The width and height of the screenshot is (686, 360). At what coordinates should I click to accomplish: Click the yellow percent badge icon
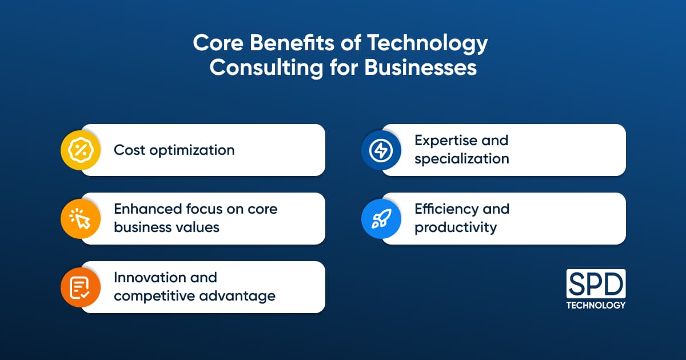pyautogui.click(x=81, y=150)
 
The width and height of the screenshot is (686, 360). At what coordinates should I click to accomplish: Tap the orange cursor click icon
pyautogui.click(x=81, y=218)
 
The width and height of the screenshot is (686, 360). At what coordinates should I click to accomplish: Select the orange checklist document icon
pyautogui.click(x=81, y=287)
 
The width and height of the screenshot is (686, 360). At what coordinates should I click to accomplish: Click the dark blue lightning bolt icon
pyautogui.click(x=381, y=150)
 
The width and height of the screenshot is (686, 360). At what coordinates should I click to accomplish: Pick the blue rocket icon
pyautogui.click(x=381, y=218)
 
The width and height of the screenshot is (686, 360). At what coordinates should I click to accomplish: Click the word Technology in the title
pyautogui.click(x=427, y=43)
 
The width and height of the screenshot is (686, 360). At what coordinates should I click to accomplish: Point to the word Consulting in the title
pyautogui.click(x=266, y=68)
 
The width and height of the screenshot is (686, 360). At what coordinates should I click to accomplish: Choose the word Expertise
pyautogui.click(x=446, y=141)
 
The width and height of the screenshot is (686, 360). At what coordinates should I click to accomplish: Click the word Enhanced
pyautogui.click(x=148, y=209)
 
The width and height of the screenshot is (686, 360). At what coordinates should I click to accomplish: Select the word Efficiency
pyautogui.click(x=446, y=209)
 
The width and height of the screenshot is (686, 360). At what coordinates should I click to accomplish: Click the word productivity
pyautogui.click(x=456, y=228)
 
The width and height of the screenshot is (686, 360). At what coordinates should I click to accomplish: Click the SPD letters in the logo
pyautogui.click(x=596, y=284)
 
